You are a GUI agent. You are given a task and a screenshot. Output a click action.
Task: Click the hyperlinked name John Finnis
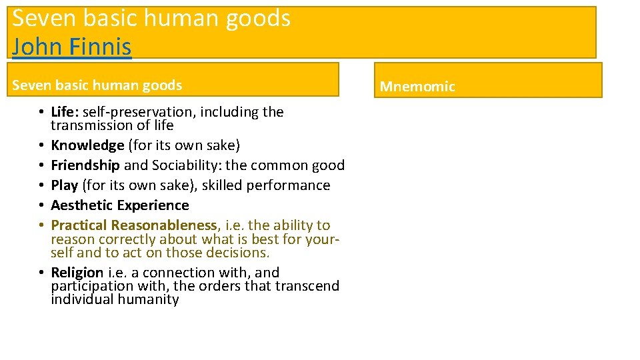pos(72,47)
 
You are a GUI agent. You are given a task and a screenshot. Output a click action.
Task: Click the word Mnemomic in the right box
pos(417,87)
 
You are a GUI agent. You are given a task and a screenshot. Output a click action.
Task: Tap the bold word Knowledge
pos(87,145)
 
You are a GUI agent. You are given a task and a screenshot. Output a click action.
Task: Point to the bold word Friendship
pos(85,165)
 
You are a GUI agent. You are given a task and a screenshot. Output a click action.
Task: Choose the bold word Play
pos(65,185)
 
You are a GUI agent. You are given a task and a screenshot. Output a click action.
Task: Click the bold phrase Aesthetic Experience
pos(120,205)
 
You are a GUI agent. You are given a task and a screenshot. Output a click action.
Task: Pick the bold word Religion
pos(77,273)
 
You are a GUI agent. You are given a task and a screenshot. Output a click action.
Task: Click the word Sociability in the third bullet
pos(179,165)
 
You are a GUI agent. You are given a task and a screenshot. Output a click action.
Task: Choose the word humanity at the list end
pos(148,299)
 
